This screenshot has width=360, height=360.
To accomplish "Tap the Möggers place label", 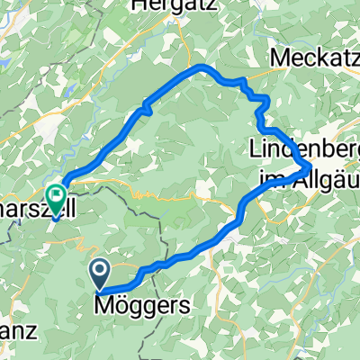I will [x=142, y=305].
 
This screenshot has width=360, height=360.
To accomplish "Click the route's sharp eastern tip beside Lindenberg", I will [x=310, y=166].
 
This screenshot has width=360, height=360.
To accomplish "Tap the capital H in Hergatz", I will [x=139, y=6].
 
